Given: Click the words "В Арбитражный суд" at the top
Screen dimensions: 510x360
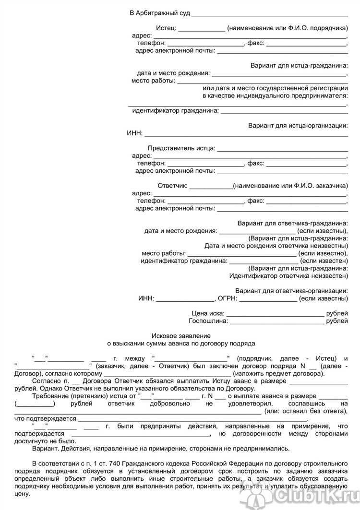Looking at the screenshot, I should [156, 13].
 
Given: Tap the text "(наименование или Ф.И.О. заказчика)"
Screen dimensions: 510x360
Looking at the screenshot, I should [290, 186].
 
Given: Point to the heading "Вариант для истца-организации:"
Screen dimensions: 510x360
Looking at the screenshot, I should [298, 126].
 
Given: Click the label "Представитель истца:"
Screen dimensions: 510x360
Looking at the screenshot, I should [181, 148].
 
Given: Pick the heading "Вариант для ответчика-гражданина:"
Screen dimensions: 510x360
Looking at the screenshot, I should [293, 223].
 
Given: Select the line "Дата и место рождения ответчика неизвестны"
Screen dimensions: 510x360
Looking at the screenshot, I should [276, 246].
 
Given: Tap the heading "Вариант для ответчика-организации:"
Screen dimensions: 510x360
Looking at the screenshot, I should [291, 291].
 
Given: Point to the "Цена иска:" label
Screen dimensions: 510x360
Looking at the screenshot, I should [207, 313].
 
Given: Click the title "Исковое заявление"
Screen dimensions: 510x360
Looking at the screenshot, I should [181, 335].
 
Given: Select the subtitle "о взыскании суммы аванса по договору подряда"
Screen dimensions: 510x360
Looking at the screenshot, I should [181, 343].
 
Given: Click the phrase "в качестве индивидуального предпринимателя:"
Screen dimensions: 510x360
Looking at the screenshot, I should [275, 95].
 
